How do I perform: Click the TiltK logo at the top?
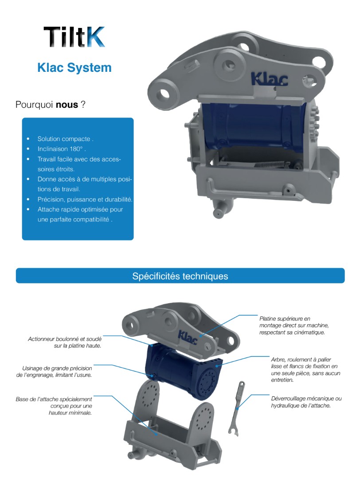pyautogui.click(x=74, y=37)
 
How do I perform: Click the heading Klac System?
pyautogui.click(x=74, y=68)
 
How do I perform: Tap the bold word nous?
pyautogui.click(x=67, y=105)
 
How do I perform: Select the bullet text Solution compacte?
pyautogui.click(x=66, y=139)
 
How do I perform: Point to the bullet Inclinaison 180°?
pyautogui.click(x=62, y=149)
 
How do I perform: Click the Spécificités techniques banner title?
pyautogui.click(x=180, y=276)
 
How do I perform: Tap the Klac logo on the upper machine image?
pyautogui.click(x=269, y=79)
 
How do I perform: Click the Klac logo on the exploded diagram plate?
pyautogui.click(x=191, y=335)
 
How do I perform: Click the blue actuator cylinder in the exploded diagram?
pyautogui.click(x=182, y=372)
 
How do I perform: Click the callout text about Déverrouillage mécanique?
pyautogui.click(x=306, y=402)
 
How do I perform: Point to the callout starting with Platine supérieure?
pyautogui.click(x=291, y=325)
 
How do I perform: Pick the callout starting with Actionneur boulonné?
pyautogui.click(x=65, y=342)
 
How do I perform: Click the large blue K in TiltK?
pyautogui.click(x=95, y=37)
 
